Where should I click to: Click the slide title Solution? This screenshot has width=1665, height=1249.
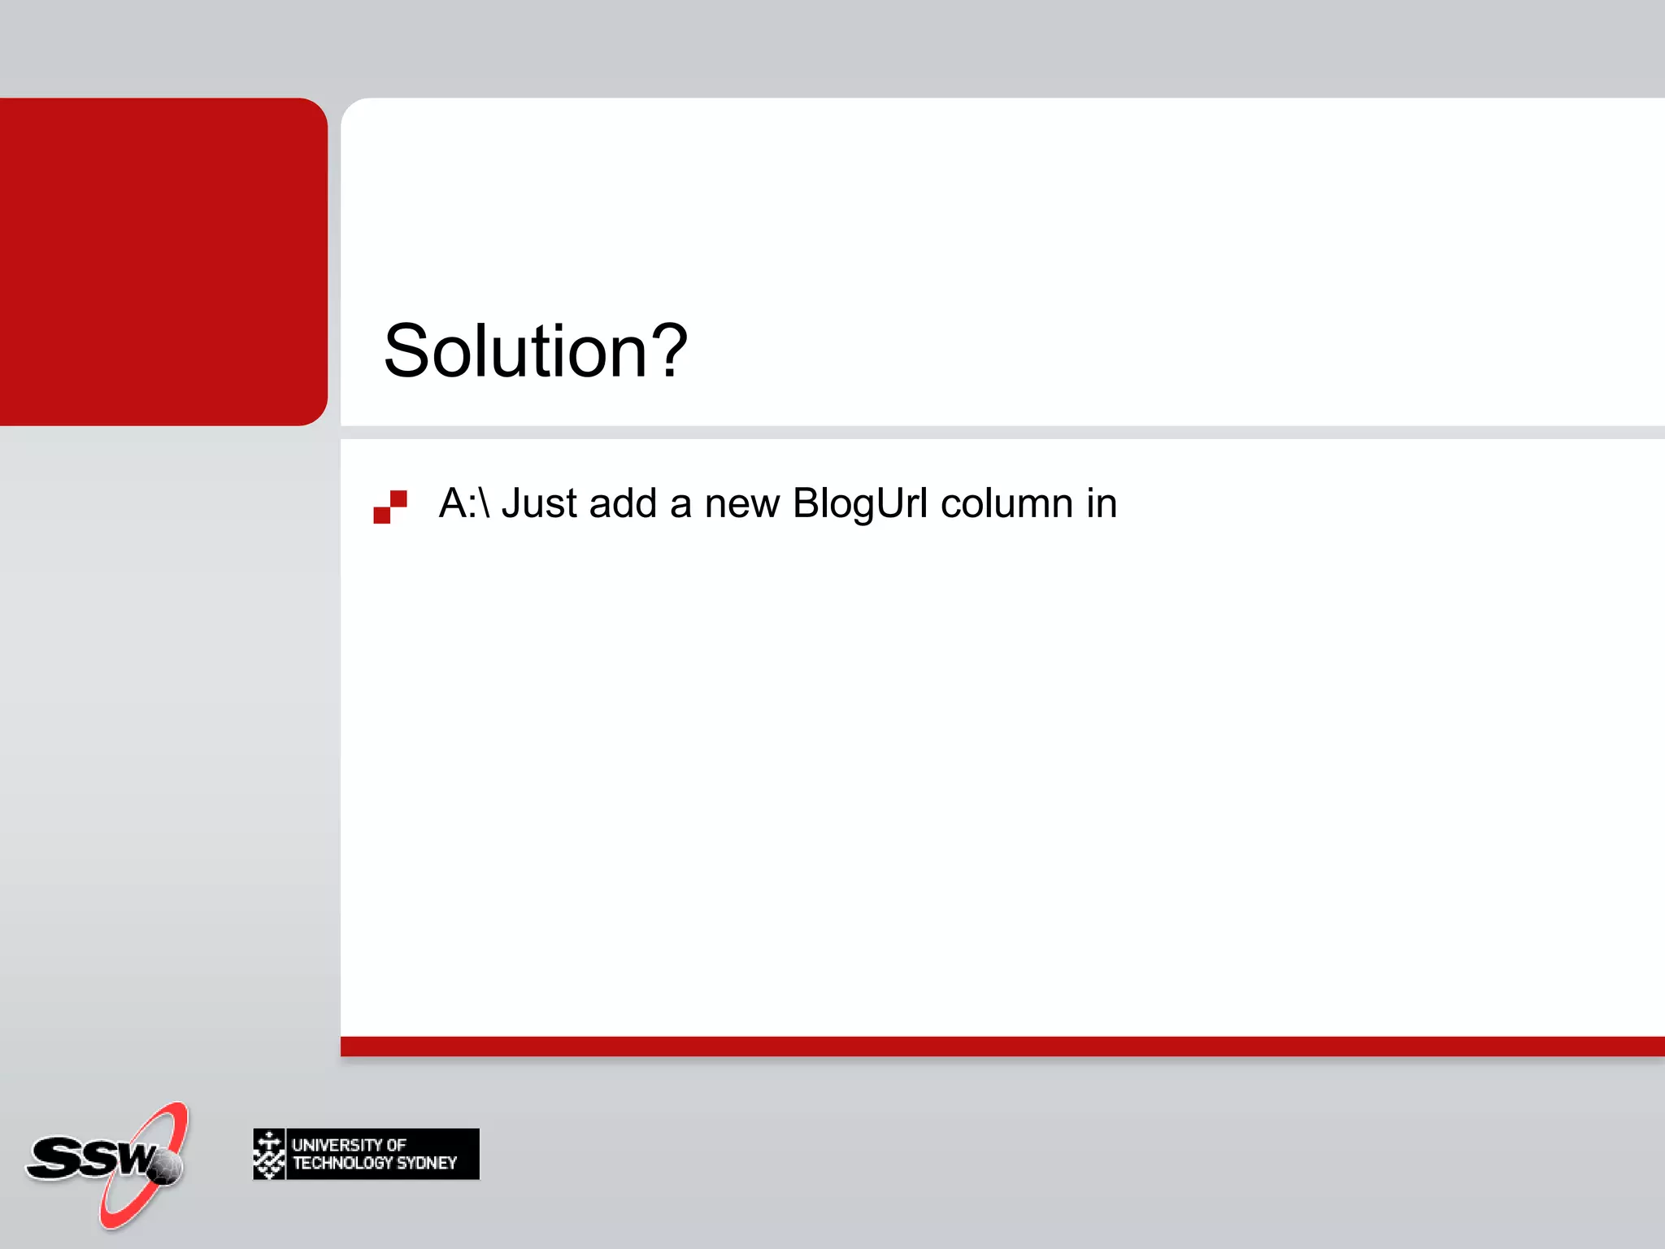(x=535, y=351)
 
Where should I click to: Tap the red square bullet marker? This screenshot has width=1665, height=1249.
(x=390, y=506)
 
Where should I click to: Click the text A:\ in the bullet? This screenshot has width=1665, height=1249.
(x=464, y=503)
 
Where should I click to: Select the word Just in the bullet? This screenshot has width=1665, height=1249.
(x=539, y=503)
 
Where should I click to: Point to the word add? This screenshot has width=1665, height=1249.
(x=623, y=503)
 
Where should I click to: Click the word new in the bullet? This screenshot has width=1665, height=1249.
(x=741, y=503)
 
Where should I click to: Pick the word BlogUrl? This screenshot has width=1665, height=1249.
(x=860, y=503)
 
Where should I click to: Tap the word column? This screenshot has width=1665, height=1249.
(x=1006, y=503)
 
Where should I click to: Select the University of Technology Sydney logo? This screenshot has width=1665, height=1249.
(x=366, y=1154)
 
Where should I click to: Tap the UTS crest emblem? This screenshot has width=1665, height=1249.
(x=269, y=1154)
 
